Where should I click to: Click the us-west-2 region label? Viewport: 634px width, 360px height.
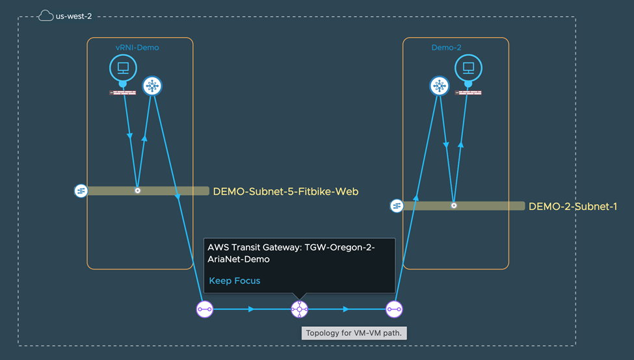(75, 16)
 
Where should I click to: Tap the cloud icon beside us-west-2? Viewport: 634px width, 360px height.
(46, 16)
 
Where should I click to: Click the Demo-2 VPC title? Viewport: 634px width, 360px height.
(447, 47)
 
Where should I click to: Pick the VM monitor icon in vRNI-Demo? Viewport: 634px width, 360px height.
(123, 68)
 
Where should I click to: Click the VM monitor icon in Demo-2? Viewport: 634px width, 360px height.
(468, 68)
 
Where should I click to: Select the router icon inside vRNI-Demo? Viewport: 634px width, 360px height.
(152, 86)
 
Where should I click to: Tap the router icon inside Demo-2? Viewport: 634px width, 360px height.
(440, 86)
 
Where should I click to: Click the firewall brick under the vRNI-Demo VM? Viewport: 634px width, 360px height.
(123, 93)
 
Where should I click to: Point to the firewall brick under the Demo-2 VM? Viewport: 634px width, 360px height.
(468, 93)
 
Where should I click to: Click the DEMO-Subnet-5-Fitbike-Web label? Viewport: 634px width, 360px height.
(285, 192)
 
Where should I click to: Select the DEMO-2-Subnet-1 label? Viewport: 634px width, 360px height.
(573, 207)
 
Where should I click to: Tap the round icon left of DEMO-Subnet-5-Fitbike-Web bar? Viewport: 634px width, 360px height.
(81, 191)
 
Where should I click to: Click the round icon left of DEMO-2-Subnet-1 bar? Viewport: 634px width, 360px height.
(397, 206)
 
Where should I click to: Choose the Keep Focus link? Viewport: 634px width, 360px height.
(235, 281)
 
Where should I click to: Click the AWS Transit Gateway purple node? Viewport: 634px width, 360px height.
(299, 309)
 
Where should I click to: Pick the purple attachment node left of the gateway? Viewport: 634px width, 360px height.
(205, 309)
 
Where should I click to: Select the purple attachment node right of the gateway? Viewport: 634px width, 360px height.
(394, 309)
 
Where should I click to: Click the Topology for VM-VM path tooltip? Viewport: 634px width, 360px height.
(354, 333)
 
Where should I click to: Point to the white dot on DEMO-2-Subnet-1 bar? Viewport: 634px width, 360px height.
(454, 205)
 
